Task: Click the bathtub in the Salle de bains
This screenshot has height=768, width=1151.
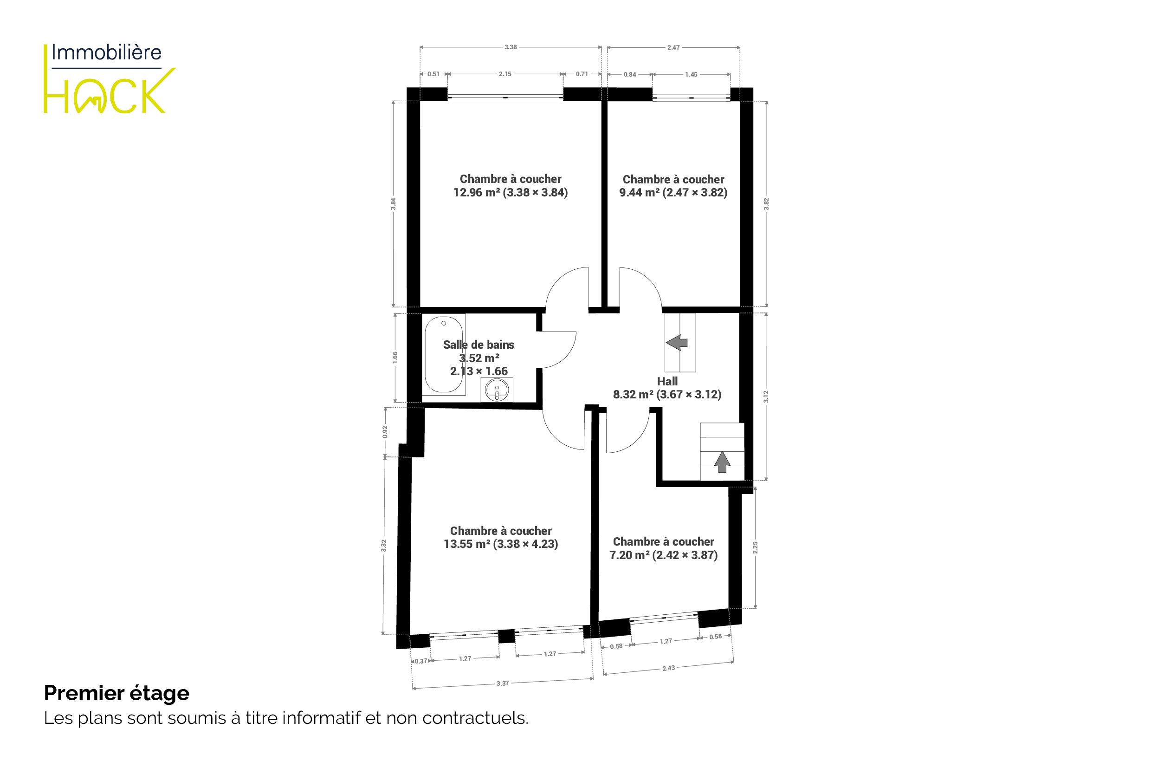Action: click(444, 355)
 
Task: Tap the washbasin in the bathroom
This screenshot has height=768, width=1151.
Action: click(497, 391)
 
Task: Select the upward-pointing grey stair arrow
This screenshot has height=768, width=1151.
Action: click(722, 462)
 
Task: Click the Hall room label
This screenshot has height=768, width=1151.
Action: click(667, 382)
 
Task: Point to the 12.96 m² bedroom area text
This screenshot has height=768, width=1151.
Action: click(511, 193)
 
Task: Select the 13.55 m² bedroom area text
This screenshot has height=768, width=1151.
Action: click(501, 544)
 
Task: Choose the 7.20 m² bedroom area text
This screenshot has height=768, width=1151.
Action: click(663, 555)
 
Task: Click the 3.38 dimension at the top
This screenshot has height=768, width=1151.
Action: click(511, 47)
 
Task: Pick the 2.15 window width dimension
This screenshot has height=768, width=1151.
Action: click(505, 74)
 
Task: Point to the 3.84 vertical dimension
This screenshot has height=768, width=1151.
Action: click(393, 204)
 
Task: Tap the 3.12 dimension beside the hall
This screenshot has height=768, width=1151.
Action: click(766, 396)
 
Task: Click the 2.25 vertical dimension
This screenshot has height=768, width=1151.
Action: click(756, 547)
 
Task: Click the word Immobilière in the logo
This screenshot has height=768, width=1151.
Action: click(106, 52)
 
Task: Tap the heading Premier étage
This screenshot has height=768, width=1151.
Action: click(116, 693)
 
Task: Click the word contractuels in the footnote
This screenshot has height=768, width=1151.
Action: click(475, 718)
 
